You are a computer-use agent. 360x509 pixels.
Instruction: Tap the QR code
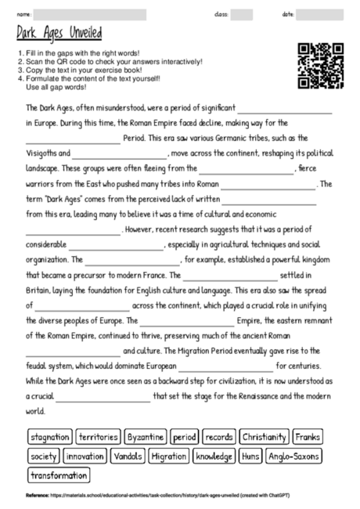321,66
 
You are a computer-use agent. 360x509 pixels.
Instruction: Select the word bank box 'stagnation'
50,436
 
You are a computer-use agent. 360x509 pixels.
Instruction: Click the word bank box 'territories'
99,436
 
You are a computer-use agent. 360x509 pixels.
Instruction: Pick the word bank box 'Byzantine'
146,436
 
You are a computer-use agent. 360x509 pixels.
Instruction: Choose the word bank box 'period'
185,436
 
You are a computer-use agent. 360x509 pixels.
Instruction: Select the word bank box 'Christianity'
265,436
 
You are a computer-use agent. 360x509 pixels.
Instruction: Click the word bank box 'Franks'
308,436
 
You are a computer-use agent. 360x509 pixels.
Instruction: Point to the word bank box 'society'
43,456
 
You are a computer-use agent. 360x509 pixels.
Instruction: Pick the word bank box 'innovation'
85,456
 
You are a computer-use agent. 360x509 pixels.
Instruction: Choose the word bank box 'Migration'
168,456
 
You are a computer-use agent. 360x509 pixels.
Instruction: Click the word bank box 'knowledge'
214,456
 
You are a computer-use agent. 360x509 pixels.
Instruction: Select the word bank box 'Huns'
251,456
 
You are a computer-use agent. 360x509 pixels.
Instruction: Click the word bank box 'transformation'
59,475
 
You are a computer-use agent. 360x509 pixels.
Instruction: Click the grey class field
242,15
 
